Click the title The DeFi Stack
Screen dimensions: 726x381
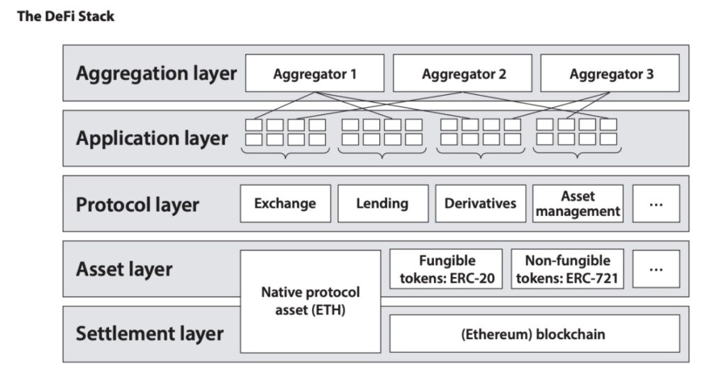click(x=65, y=16)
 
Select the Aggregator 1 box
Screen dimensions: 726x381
click(x=315, y=73)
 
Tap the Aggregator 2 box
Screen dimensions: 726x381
click(x=462, y=73)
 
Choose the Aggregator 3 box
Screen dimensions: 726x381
click(x=610, y=73)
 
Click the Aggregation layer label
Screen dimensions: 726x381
click(x=156, y=74)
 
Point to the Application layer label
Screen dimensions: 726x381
click(x=152, y=138)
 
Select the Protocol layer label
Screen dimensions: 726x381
click(x=138, y=205)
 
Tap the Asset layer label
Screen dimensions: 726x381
click(x=124, y=269)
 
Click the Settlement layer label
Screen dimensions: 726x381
click(x=150, y=334)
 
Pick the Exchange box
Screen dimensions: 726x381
click(x=286, y=203)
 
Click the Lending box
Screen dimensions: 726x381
click(x=383, y=203)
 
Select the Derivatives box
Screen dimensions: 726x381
click(x=481, y=203)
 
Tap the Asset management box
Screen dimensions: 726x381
click(x=578, y=203)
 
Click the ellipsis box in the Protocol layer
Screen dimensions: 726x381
click(x=656, y=203)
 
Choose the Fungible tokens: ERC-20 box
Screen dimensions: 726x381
click(x=446, y=269)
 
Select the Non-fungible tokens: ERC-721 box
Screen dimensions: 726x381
click(x=567, y=269)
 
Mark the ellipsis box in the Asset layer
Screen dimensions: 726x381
click(x=656, y=269)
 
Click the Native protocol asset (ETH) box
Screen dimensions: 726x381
click(x=311, y=302)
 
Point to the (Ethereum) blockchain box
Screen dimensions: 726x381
click(x=535, y=334)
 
